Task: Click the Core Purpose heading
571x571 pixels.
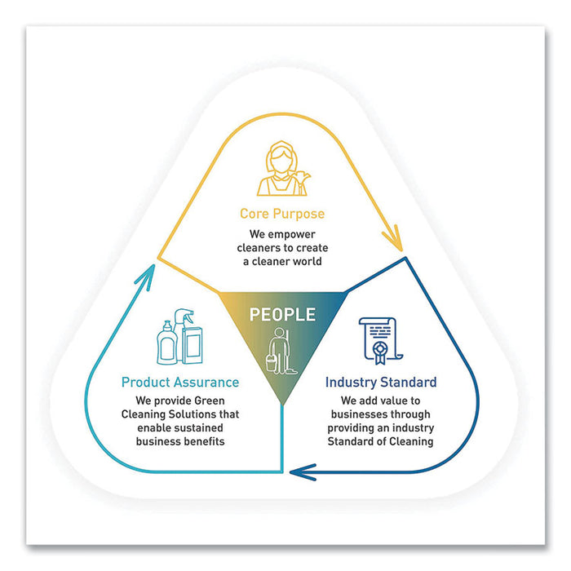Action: [282, 214]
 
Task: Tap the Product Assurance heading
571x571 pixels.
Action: [180, 382]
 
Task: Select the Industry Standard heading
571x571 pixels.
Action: [381, 382]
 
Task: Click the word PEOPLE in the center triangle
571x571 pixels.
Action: [282, 315]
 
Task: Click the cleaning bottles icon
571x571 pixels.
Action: [179, 335]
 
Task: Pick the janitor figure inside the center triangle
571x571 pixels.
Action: [282, 349]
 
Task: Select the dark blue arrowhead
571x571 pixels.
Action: [303, 471]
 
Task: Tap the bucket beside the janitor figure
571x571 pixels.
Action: [270, 360]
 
